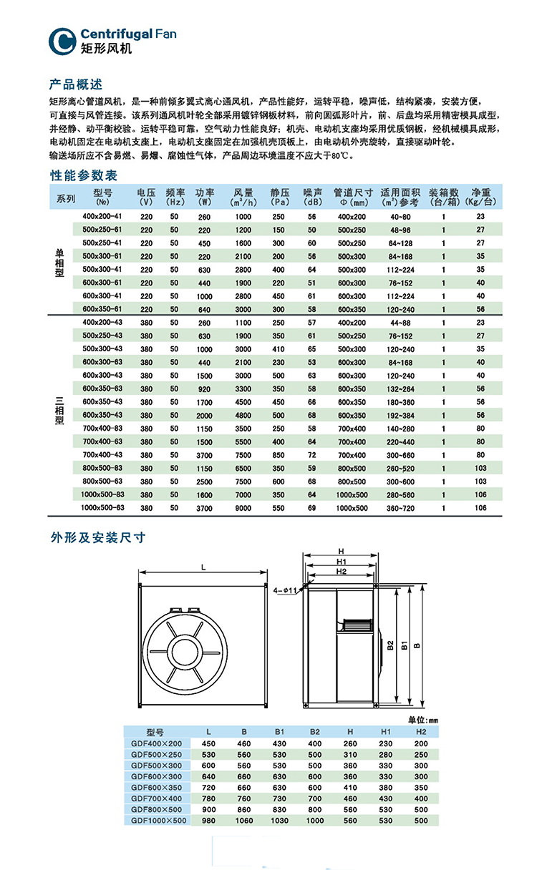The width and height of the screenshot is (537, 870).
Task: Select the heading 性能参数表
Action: click(x=83, y=175)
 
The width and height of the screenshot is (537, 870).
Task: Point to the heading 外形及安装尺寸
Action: click(x=97, y=537)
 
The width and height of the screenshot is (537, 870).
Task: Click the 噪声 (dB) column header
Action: click(x=312, y=197)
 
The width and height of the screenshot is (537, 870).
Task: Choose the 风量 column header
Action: click(x=243, y=197)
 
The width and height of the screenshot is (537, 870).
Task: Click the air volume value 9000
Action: click(x=243, y=507)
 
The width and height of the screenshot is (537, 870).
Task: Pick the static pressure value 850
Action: click(x=279, y=455)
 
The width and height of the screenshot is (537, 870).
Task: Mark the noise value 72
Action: click(x=311, y=455)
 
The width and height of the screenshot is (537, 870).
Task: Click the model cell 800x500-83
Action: click(x=103, y=468)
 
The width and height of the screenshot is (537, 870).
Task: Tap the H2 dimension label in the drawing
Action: click(x=341, y=572)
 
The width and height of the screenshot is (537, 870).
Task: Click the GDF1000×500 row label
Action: click(x=160, y=821)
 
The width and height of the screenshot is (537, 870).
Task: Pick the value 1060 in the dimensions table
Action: click(x=244, y=821)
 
